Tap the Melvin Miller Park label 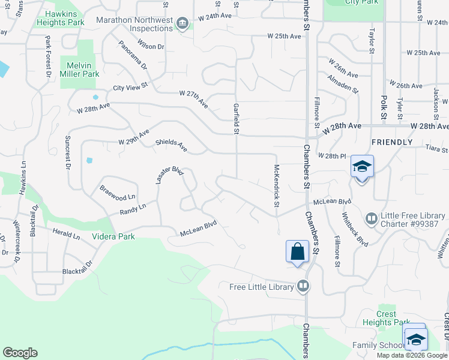(79, 70)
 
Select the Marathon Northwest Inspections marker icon (182, 24)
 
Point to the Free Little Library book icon (303, 286)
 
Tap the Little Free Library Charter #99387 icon (370, 218)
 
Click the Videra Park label (113, 236)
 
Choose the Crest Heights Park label (387, 318)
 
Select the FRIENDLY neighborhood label (392, 142)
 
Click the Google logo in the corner (20, 353)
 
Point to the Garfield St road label (236, 118)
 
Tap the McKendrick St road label (277, 186)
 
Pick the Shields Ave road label (172, 145)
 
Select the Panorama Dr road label (133, 55)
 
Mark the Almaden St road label (342, 84)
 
